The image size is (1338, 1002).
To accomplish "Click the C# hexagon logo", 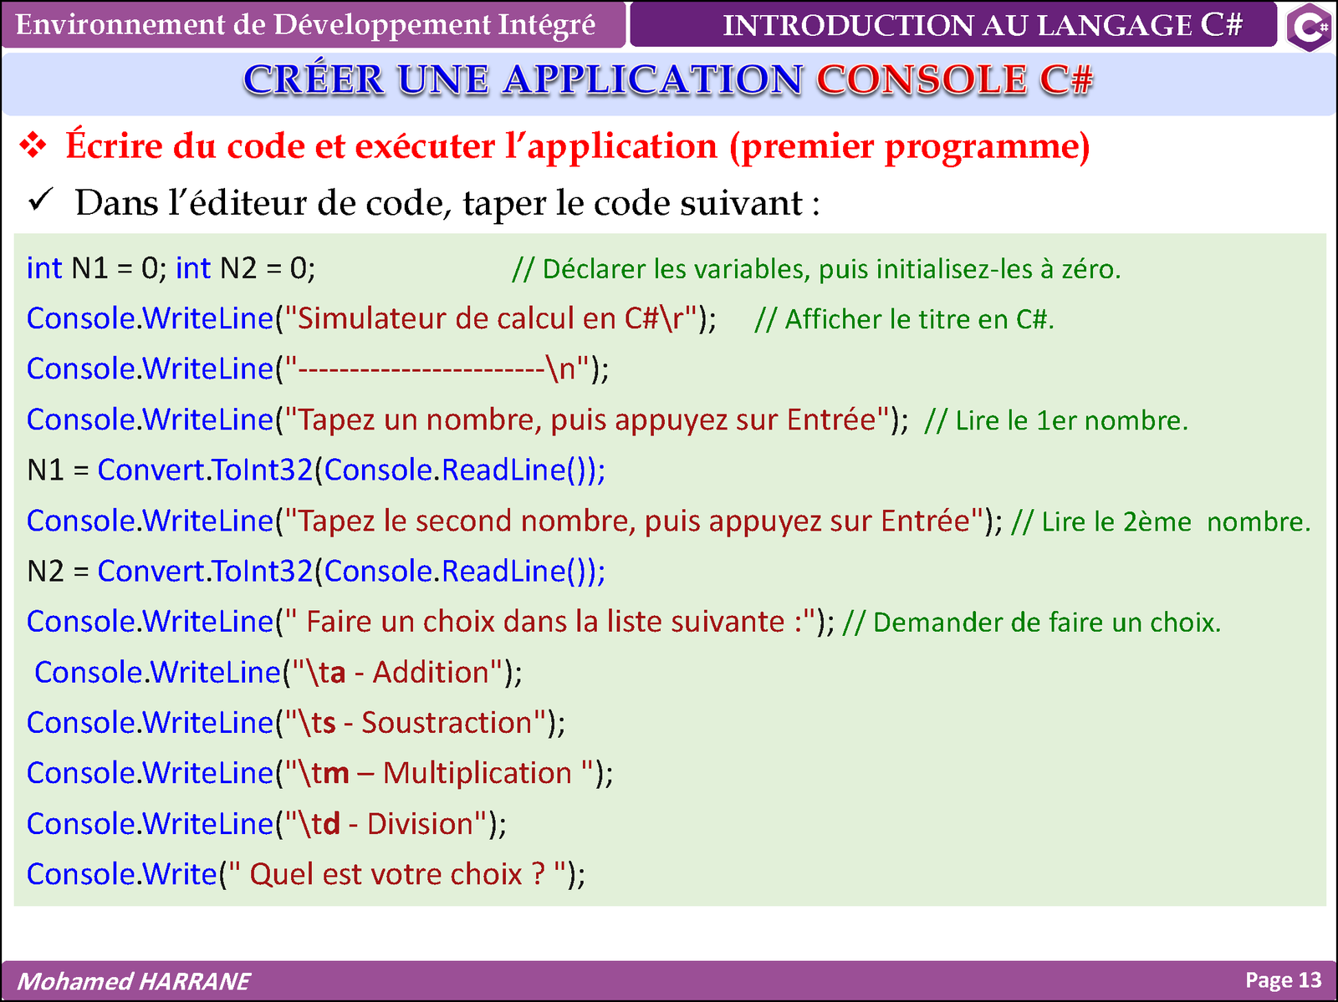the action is click(1310, 26).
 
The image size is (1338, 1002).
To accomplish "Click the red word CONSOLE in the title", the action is click(922, 79).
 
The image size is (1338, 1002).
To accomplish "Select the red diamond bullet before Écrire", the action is click(33, 145).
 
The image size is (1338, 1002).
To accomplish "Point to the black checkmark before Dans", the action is click(41, 200).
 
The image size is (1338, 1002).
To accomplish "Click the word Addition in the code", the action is click(431, 673).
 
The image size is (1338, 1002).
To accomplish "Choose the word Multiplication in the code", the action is click(477, 774).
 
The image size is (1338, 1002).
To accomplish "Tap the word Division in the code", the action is click(420, 824).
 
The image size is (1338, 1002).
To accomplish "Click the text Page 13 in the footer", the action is click(1283, 980).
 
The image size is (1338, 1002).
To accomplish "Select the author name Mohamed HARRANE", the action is click(134, 981).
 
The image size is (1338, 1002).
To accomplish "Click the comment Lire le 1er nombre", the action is click(1056, 420).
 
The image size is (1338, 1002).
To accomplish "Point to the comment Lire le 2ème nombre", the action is click(1161, 521).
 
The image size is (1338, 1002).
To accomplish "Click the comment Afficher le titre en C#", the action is click(904, 319).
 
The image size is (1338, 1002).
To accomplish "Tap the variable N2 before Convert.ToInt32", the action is click(46, 572).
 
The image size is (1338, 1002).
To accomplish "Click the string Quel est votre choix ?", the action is click(396, 875).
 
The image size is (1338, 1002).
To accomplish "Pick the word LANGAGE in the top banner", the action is click(1114, 26).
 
